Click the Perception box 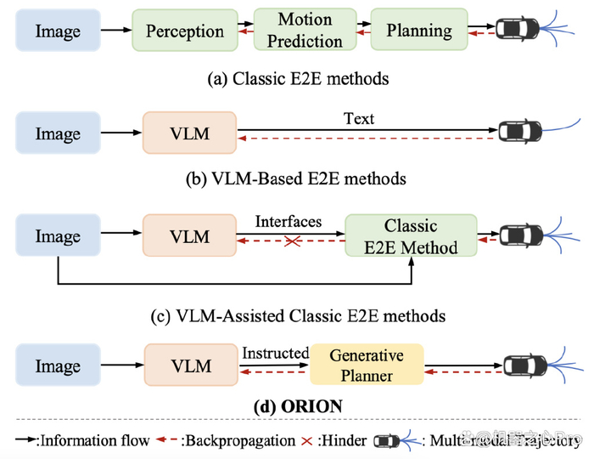[184, 31]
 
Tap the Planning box [419, 31]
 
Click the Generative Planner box [366, 365]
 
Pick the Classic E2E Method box [411, 236]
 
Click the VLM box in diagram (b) [191, 133]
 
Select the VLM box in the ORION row [191, 365]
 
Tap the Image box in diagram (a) [58, 31]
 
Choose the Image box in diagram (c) [58, 236]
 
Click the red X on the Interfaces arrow [290, 242]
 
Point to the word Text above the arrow [359, 118]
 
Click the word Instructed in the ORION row [276, 352]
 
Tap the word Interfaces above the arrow [289, 221]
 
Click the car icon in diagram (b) [519, 133]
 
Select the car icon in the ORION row [524, 365]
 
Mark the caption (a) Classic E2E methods [298, 78]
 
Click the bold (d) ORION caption [298, 406]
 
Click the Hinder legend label [343, 440]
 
